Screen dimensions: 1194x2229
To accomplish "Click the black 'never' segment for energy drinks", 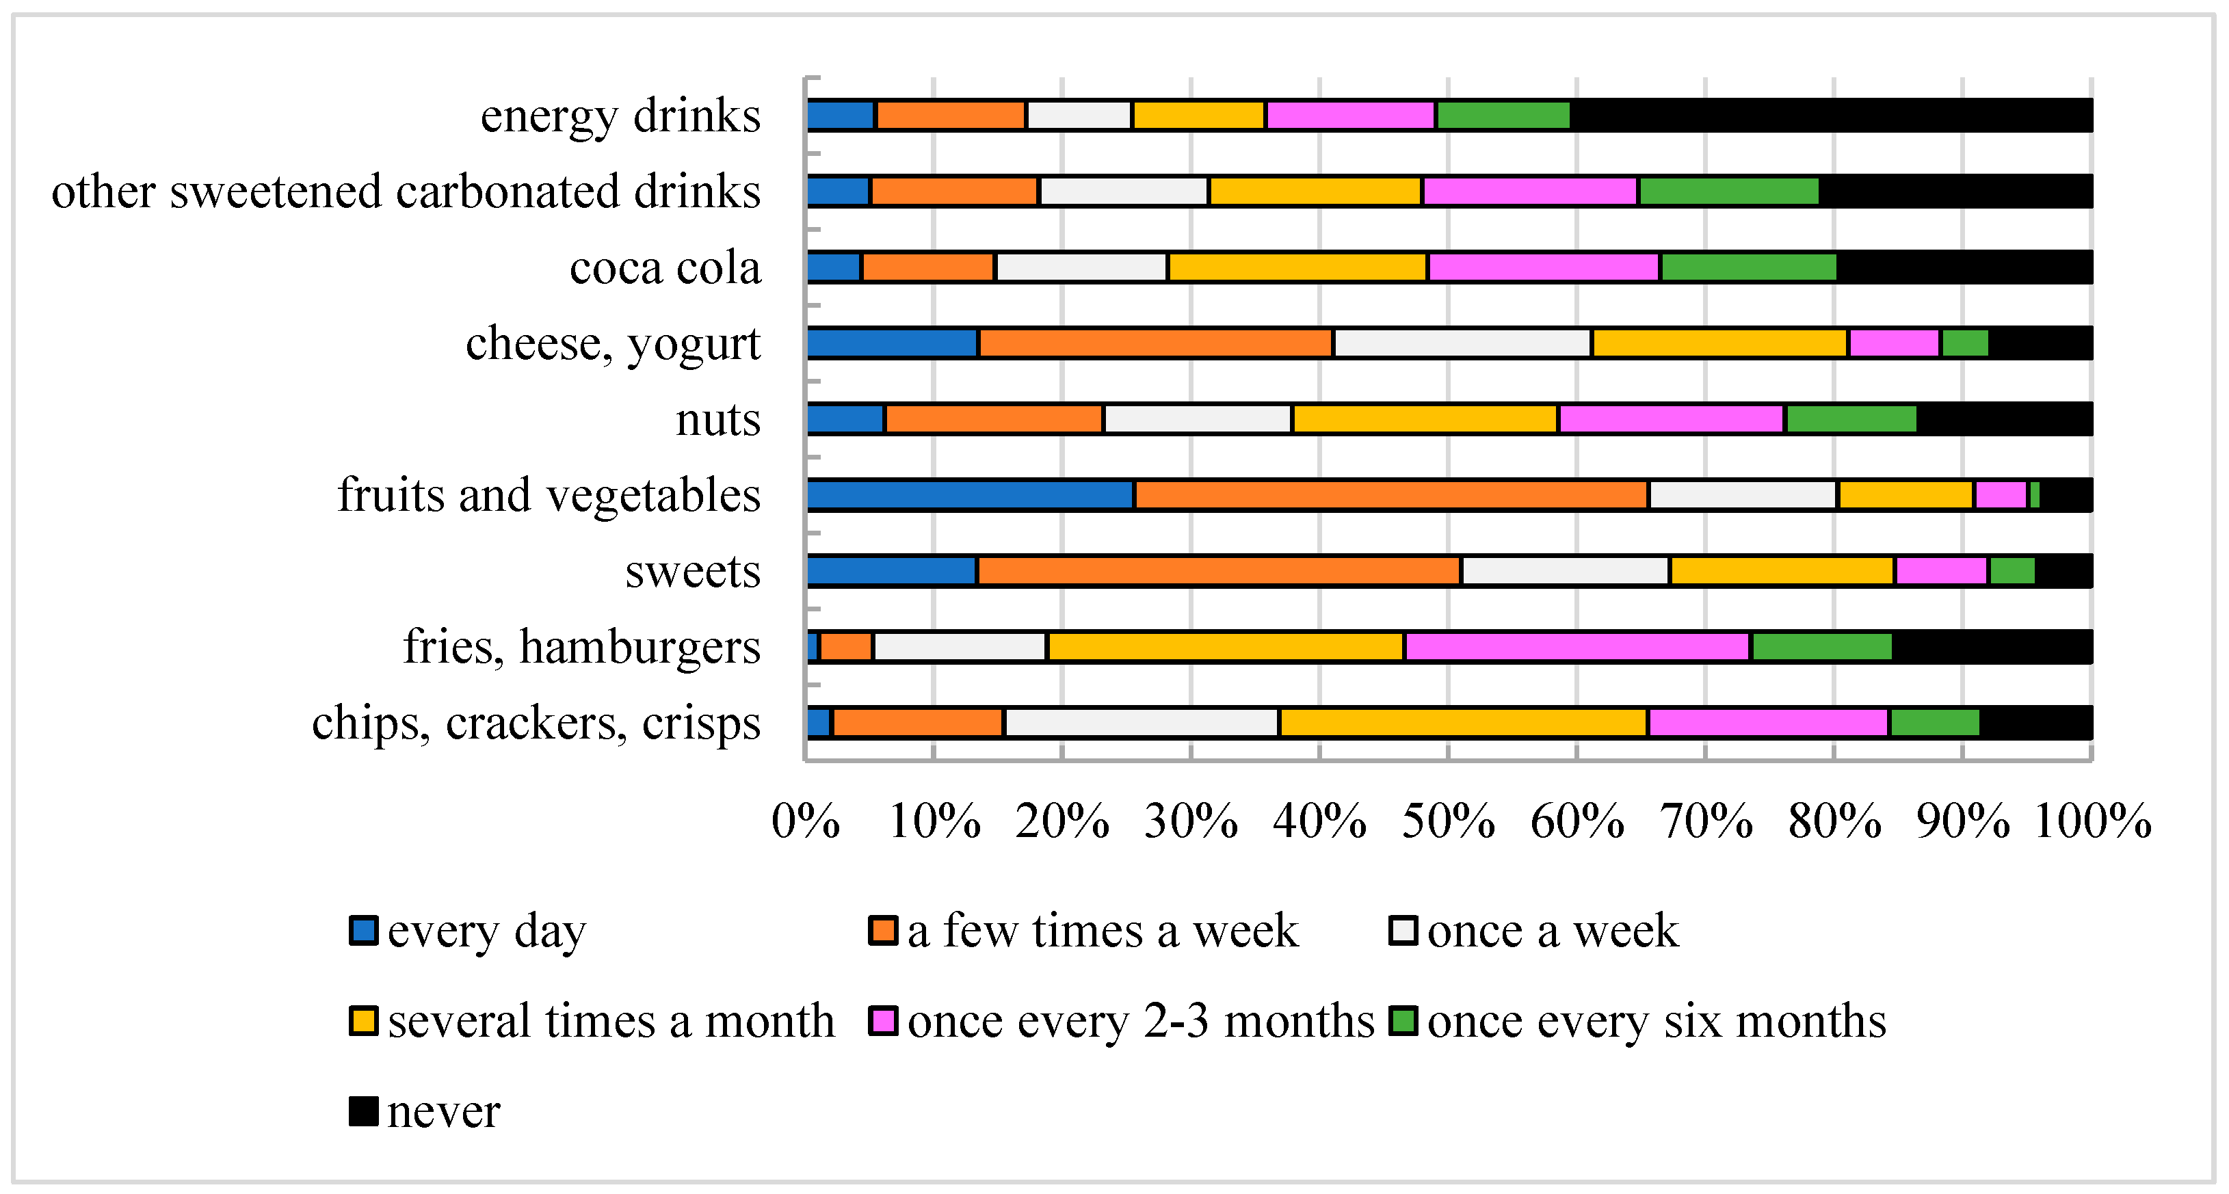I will pos(1830,115).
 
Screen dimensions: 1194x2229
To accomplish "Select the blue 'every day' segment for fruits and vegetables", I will pos(970,495).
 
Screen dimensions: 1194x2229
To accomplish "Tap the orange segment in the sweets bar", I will pos(1218,571).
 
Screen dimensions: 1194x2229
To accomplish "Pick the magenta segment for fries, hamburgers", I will pos(1577,647).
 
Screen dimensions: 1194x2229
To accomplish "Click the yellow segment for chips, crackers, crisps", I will pos(1463,722).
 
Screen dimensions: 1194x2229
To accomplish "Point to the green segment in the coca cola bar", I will pos(1748,267).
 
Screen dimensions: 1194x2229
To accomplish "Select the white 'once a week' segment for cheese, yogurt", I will pos(1462,343).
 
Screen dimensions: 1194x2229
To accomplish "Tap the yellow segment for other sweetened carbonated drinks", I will pos(1315,191).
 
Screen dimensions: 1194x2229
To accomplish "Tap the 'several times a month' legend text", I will pos(611,1021).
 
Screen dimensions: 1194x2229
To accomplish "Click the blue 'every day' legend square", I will pos(363,931).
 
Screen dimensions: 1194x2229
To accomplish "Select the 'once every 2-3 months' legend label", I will pos(1140,1021).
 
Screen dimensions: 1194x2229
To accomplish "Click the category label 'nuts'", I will pos(717,420).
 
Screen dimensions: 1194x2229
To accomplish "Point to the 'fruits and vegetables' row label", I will pos(549,495).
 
